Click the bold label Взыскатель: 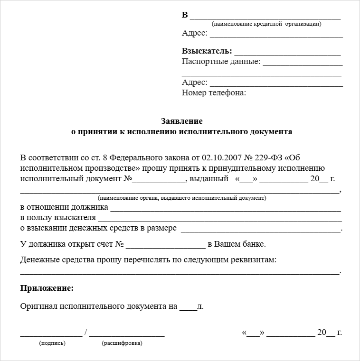pyautogui.click(x=207, y=51)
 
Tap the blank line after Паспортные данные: pyautogui.click(x=303, y=65)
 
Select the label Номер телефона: pyautogui.click(x=214, y=93)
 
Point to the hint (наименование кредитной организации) pyautogui.click(x=266, y=24)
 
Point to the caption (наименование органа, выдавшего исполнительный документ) pyautogui.click(x=182, y=198)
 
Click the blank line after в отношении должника pyautogui.click(x=226, y=210)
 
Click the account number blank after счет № pyautogui.click(x=166, y=247)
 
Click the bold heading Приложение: pyautogui.click(x=47, y=288)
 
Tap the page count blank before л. pyautogui.click(x=188, y=309)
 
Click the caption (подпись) pyautogui.click(x=52, y=343)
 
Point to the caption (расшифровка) pyautogui.click(x=122, y=343)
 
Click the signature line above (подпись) pyautogui.click(x=51, y=335)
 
